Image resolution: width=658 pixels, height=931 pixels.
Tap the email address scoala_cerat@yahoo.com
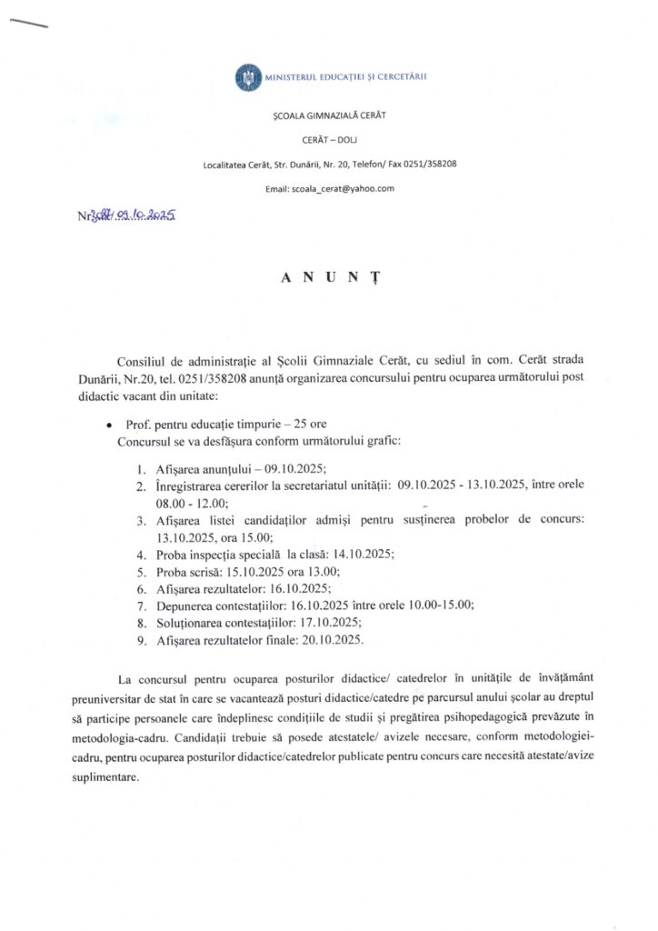[x=343, y=188]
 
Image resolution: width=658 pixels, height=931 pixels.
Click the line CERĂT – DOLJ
[x=329, y=141]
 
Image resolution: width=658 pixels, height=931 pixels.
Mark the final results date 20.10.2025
[x=326, y=639]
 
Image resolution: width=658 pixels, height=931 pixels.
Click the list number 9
[x=141, y=639]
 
